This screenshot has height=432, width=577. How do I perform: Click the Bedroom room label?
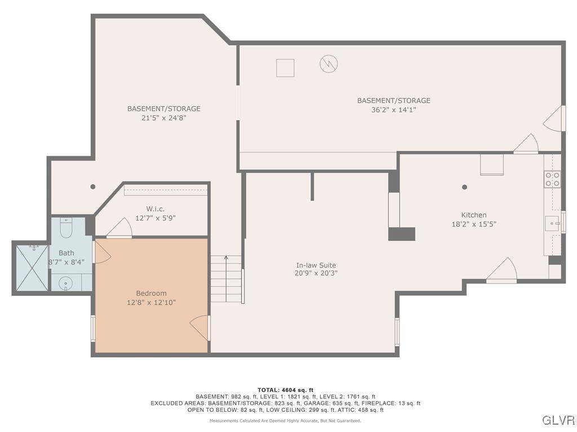click(151, 293)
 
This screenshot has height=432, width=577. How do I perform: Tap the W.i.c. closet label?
click(155, 209)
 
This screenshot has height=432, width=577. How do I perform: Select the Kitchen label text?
click(473, 215)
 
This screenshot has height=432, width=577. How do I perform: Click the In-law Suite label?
click(316, 265)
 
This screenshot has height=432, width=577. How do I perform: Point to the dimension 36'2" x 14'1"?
click(393, 110)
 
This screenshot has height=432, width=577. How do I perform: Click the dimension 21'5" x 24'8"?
click(163, 118)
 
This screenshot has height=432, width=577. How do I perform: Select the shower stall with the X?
click(32, 267)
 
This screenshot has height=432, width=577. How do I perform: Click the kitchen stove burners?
click(552, 179)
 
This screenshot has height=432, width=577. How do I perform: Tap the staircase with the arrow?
click(227, 278)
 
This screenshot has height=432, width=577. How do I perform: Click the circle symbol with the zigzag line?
click(329, 63)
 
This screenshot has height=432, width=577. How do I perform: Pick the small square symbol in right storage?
click(285, 68)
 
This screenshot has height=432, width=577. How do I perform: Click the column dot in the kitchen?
click(464, 187)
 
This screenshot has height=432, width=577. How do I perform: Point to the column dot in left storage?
click(93, 187)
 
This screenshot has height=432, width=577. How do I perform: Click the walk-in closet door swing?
click(120, 228)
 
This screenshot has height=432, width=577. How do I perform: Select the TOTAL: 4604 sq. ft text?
click(285, 390)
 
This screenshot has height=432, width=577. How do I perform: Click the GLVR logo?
click(558, 420)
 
